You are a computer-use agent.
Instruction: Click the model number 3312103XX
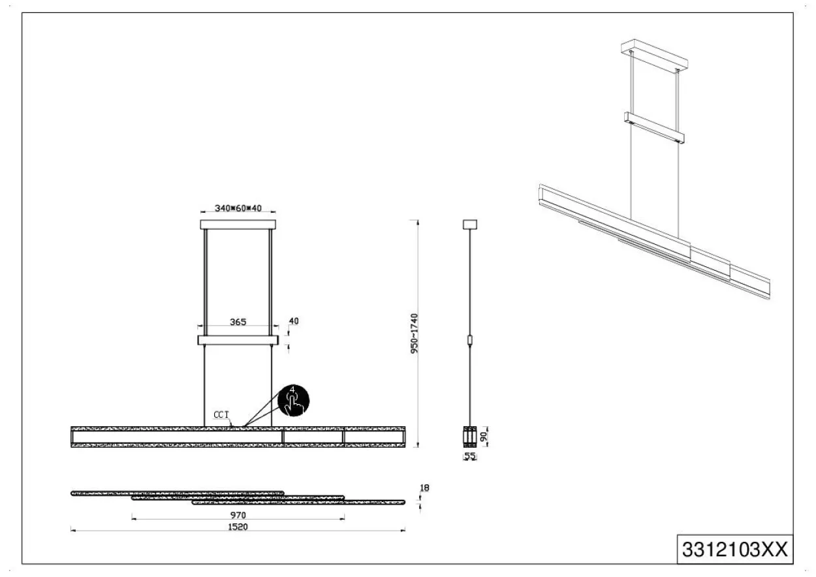coord(735,550)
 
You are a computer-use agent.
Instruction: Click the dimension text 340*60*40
coord(238,208)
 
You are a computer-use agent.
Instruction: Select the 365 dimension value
coord(238,322)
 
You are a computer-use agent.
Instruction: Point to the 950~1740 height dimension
coord(414,334)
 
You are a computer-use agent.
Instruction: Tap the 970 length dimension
coord(238,515)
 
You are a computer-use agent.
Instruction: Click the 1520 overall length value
coord(238,527)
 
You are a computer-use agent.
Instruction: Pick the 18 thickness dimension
coord(424,488)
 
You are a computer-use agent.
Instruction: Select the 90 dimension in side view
coord(484,437)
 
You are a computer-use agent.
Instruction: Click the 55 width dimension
coord(470,456)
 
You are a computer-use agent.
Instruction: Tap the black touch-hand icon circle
coord(294,400)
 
